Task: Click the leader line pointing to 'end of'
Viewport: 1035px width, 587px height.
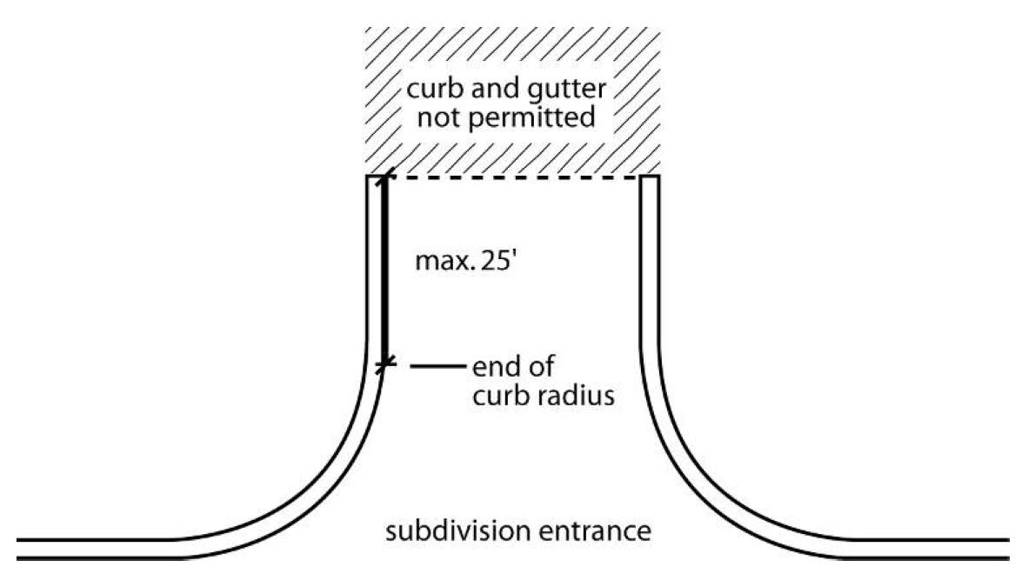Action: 433,367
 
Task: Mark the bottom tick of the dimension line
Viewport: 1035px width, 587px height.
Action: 384,366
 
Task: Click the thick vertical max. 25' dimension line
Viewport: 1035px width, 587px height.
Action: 384,270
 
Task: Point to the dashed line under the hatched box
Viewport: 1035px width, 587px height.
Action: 513,177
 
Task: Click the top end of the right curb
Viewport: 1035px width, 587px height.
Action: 651,177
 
